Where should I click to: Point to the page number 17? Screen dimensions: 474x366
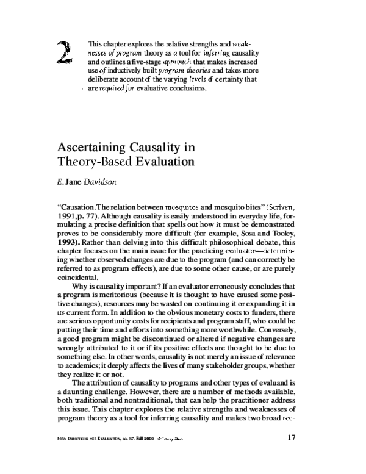click(x=291, y=437)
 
